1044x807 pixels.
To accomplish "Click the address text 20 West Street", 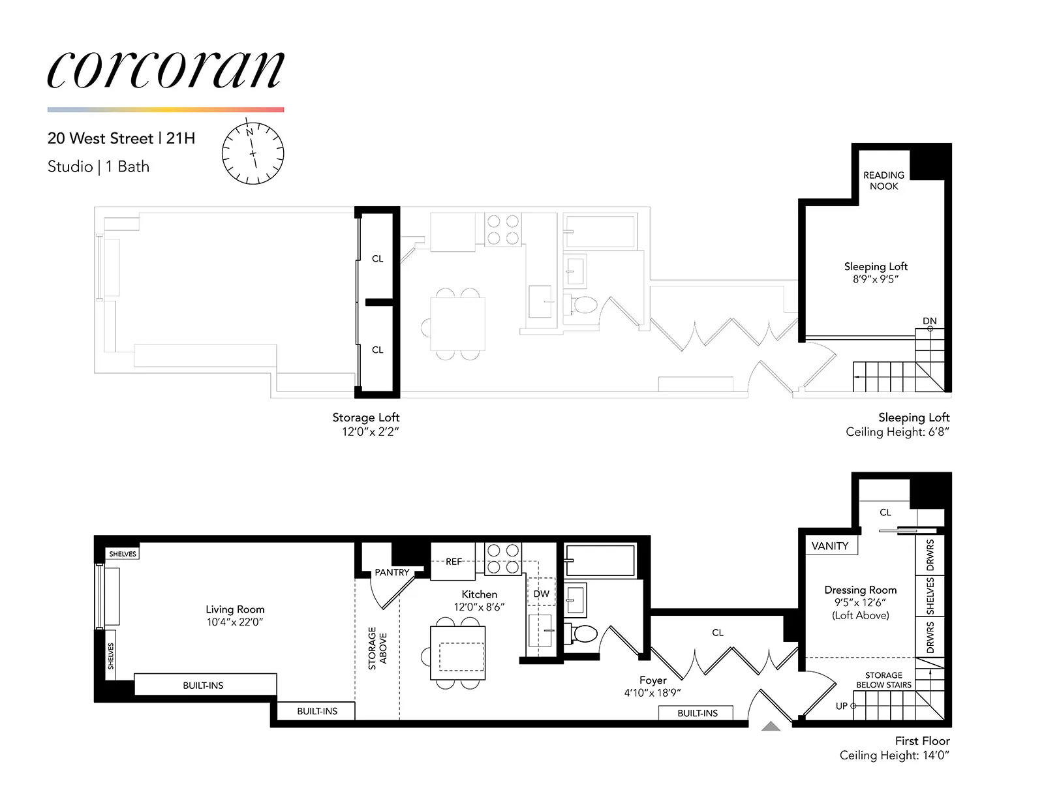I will (x=100, y=138).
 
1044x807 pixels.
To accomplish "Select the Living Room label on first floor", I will (x=235, y=609).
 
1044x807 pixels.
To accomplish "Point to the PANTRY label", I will (x=391, y=572).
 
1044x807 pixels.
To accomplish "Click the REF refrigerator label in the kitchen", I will (x=453, y=561).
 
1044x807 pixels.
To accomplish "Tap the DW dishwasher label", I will (x=541, y=594).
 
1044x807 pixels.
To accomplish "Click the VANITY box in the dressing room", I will (x=829, y=546).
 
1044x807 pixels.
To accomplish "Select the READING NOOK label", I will (x=883, y=181).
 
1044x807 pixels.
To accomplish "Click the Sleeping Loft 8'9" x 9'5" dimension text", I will (x=875, y=279).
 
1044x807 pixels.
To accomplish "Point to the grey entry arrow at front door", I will (x=771, y=726).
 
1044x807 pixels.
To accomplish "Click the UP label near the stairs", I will (x=842, y=706).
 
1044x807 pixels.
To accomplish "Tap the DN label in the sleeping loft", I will (x=929, y=321).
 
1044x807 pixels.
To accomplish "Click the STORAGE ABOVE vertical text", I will (x=377, y=648).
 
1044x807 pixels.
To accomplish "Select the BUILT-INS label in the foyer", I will (x=697, y=713).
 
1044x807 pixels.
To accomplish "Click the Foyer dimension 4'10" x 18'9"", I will (x=652, y=693).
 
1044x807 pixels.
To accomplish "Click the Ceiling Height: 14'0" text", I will (x=894, y=755).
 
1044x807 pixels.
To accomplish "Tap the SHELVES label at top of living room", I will (x=123, y=554).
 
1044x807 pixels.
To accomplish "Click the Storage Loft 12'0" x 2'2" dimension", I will (x=370, y=432).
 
